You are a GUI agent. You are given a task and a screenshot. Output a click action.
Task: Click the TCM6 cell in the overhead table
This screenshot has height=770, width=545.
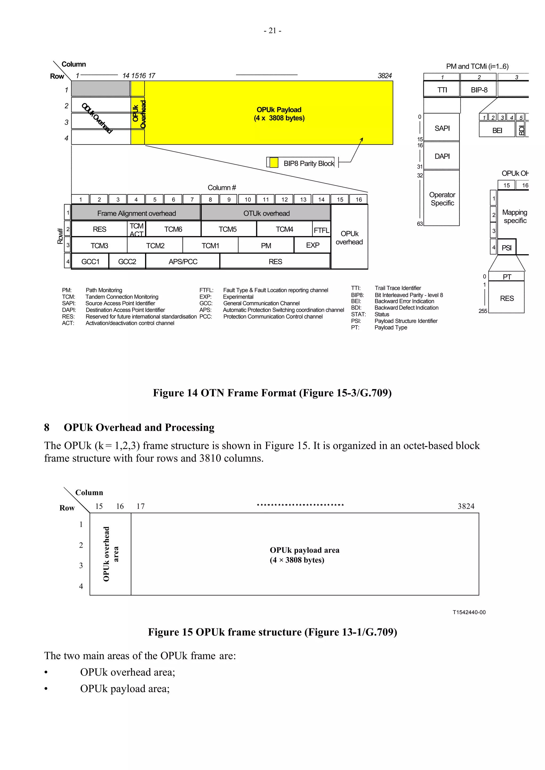(x=173, y=229)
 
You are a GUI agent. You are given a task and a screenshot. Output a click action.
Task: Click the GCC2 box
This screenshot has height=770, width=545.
(x=127, y=261)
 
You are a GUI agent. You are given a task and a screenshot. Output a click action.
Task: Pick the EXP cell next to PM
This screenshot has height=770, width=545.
(x=312, y=245)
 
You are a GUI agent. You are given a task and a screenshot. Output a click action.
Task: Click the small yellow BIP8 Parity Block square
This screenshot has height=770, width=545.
(x=274, y=163)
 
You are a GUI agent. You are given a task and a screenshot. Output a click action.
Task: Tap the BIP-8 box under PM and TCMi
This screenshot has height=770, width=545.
(x=478, y=90)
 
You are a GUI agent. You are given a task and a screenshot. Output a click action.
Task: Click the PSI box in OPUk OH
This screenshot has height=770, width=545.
(x=506, y=248)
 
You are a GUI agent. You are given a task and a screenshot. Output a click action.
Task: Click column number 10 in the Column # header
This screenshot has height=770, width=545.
(x=247, y=199)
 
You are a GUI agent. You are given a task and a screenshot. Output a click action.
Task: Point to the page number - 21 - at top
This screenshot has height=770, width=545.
(x=272, y=31)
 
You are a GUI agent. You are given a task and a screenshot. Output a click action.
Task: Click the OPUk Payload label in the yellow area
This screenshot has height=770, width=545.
(x=279, y=110)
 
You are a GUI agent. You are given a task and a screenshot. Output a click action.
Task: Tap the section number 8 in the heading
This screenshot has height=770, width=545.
(x=47, y=427)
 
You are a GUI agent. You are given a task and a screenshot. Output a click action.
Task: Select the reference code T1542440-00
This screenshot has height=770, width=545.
(x=469, y=612)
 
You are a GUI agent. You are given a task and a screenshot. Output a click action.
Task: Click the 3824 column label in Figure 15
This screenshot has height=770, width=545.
(x=466, y=506)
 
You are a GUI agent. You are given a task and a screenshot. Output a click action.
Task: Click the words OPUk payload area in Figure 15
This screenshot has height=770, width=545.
(x=304, y=550)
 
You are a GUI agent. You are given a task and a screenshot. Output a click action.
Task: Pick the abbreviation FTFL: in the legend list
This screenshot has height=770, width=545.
(x=206, y=290)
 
